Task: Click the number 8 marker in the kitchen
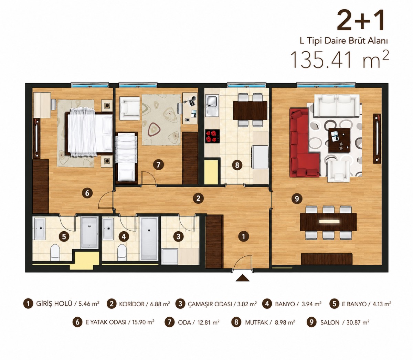(237, 165)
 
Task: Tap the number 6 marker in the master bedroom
(87, 193)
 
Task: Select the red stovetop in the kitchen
(212, 136)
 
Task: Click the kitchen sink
(212, 106)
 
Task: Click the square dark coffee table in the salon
(339, 140)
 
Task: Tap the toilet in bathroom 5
(55, 252)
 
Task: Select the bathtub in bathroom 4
(149, 238)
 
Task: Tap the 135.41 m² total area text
(339, 59)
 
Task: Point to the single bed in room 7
(127, 157)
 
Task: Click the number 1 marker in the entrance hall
(243, 236)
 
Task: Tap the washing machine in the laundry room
(170, 256)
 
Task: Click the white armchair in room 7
(130, 108)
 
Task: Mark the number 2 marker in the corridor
(198, 198)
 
